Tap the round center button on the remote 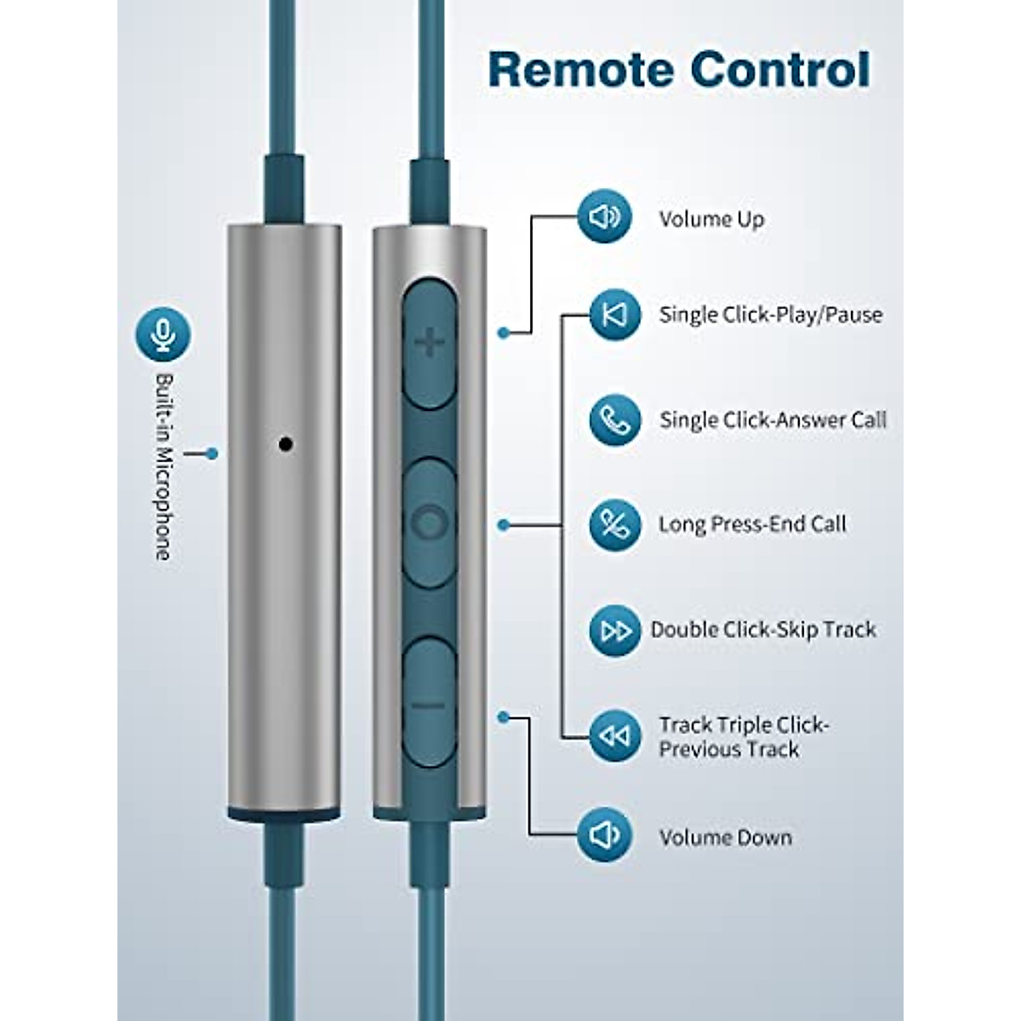(430, 522)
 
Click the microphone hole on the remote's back (286, 443)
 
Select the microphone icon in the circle (163, 334)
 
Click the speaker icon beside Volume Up (604, 217)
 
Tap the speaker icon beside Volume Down (604, 836)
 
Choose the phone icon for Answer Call (614, 419)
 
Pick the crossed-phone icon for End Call (614, 524)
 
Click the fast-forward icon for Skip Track (614, 630)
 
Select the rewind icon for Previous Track (614, 736)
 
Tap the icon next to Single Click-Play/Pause (614, 315)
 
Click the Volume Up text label (711, 220)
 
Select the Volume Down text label (725, 837)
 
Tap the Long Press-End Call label (752, 524)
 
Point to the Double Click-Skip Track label (763, 630)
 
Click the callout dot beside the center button (504, 525)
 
